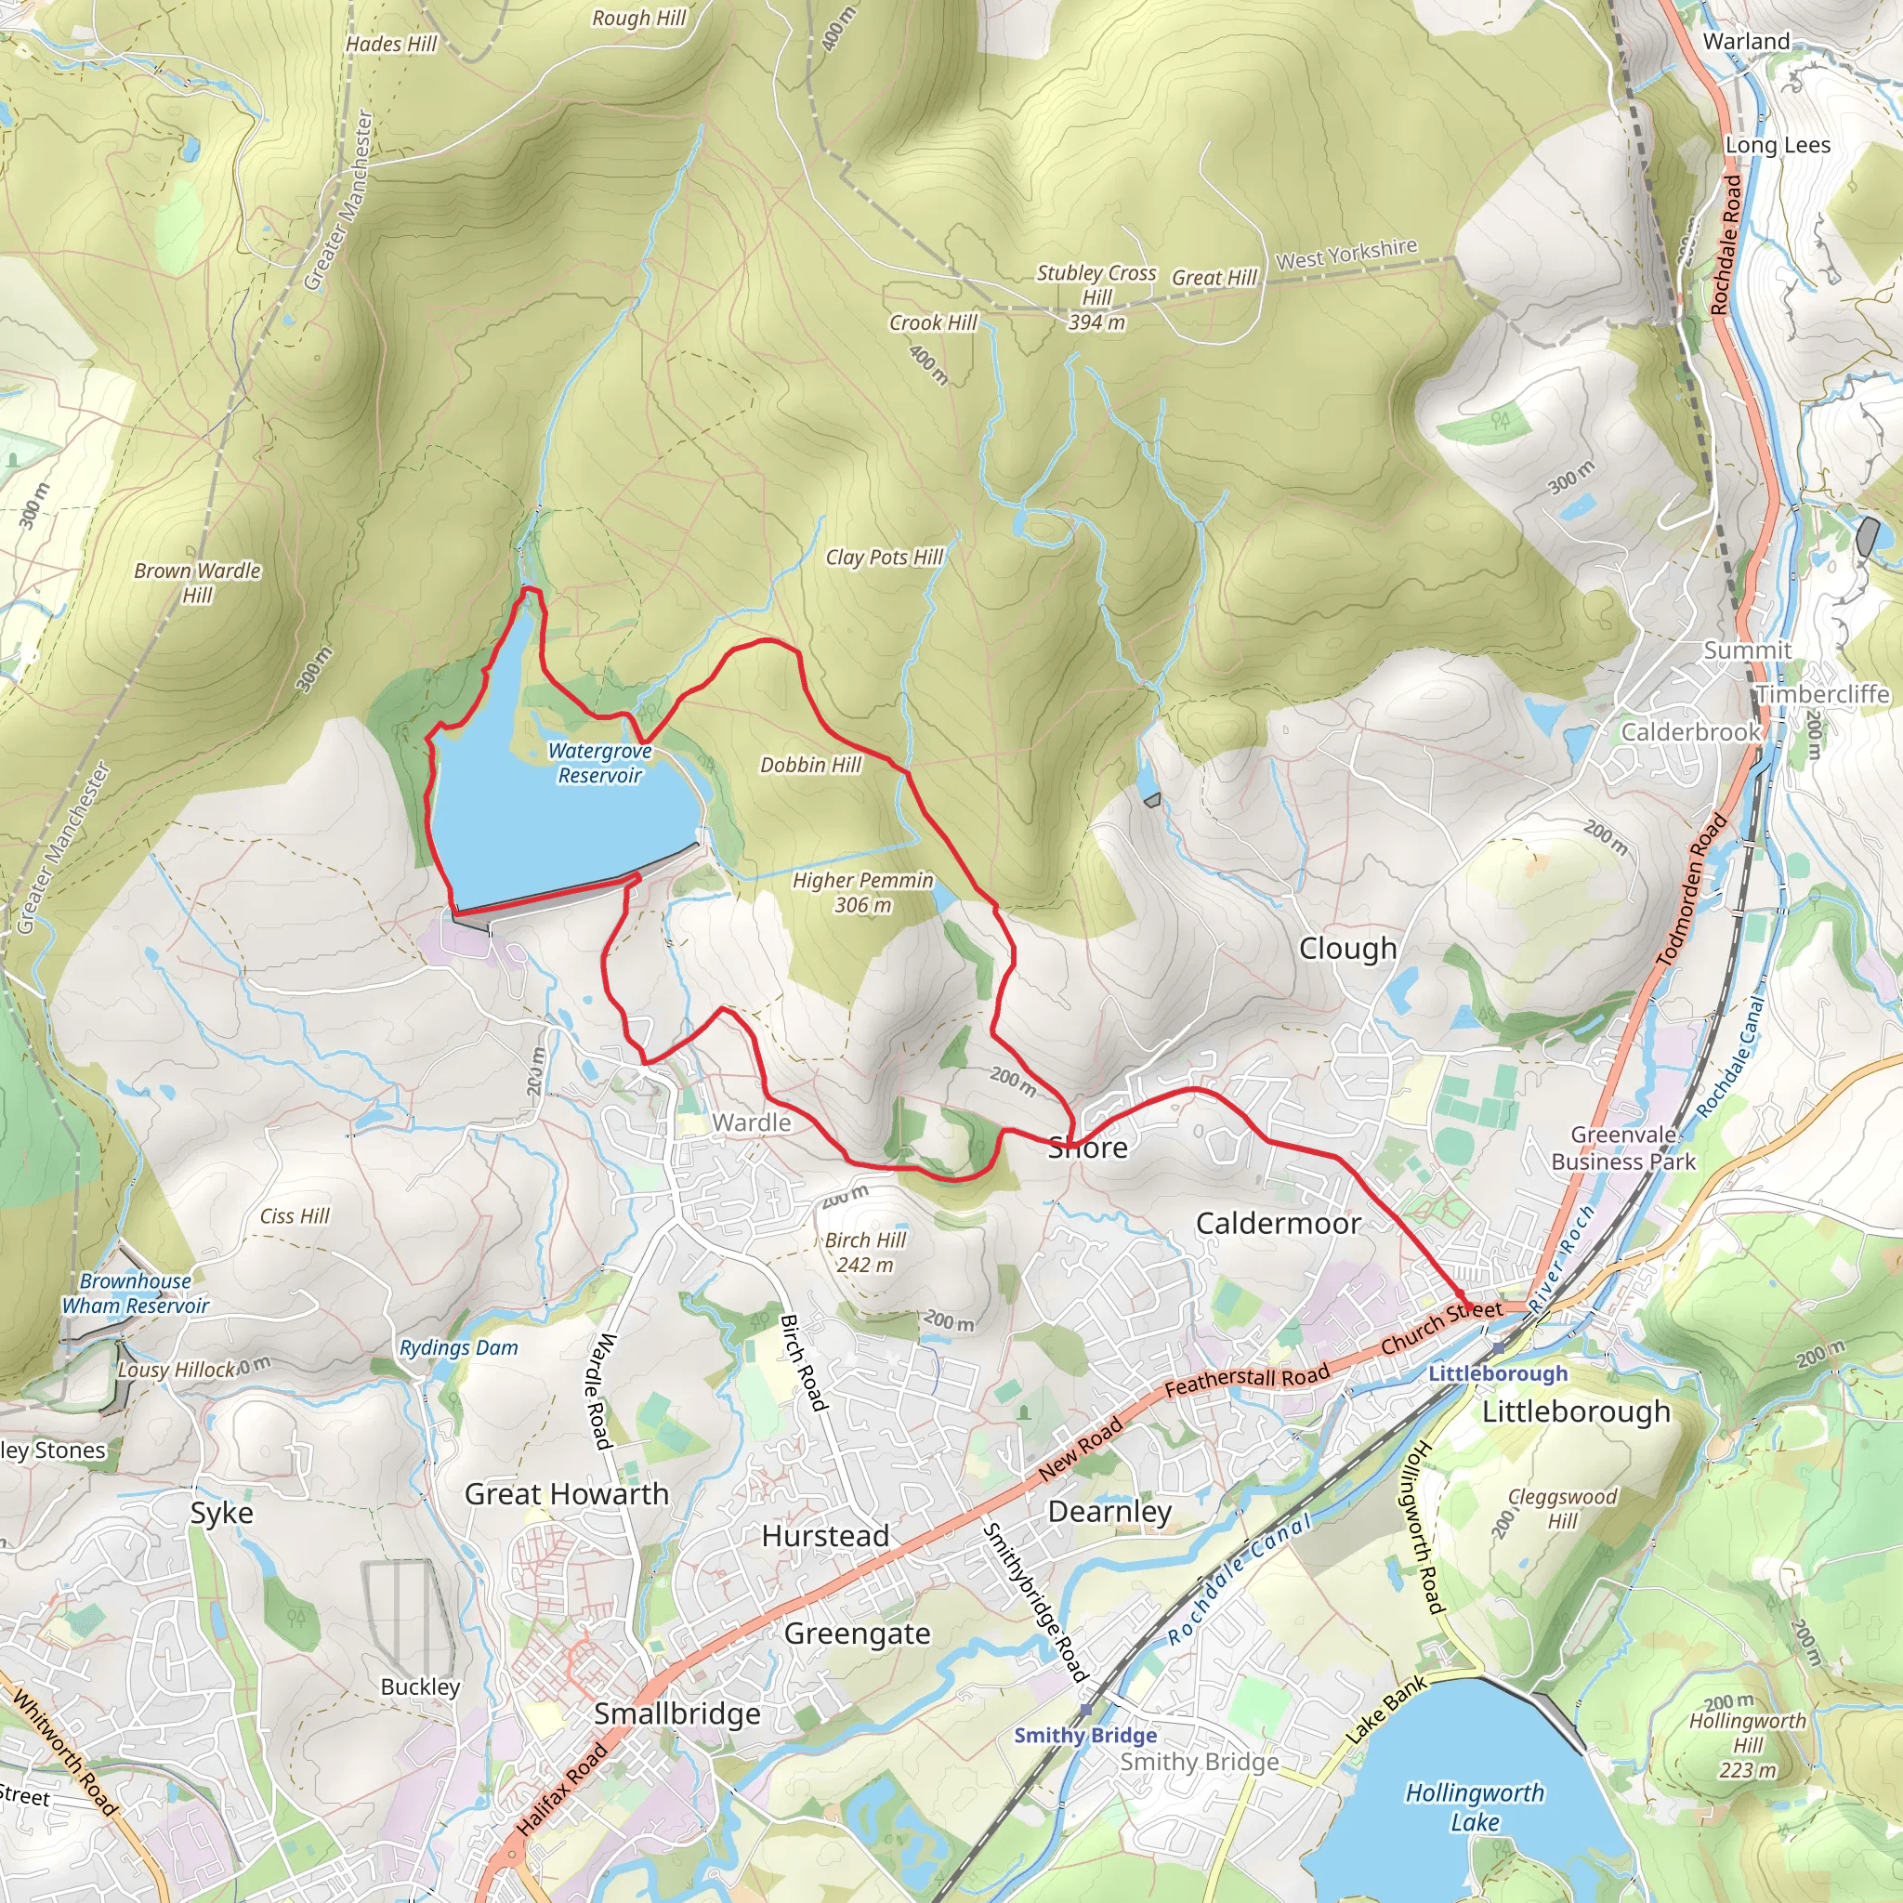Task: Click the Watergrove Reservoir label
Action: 600,764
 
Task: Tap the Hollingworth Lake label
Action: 1474,1806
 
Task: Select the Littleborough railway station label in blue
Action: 1497,1373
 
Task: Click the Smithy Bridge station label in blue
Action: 1085,1736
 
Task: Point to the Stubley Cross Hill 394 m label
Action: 1096,296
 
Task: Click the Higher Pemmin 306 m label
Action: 863,892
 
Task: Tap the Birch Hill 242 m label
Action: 865,1252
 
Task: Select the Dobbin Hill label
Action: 810,765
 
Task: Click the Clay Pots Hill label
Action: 885,558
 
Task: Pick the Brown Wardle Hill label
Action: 197,582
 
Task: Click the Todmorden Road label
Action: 1691,890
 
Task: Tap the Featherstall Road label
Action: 1247,1379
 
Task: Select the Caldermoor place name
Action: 1278,1224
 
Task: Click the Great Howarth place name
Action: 567,1494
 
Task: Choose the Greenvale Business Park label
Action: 1623,1148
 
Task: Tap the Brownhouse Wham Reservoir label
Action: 136,1293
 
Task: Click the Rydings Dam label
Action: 458,1347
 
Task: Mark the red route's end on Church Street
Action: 1464,1306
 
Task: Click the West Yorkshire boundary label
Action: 1346,254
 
